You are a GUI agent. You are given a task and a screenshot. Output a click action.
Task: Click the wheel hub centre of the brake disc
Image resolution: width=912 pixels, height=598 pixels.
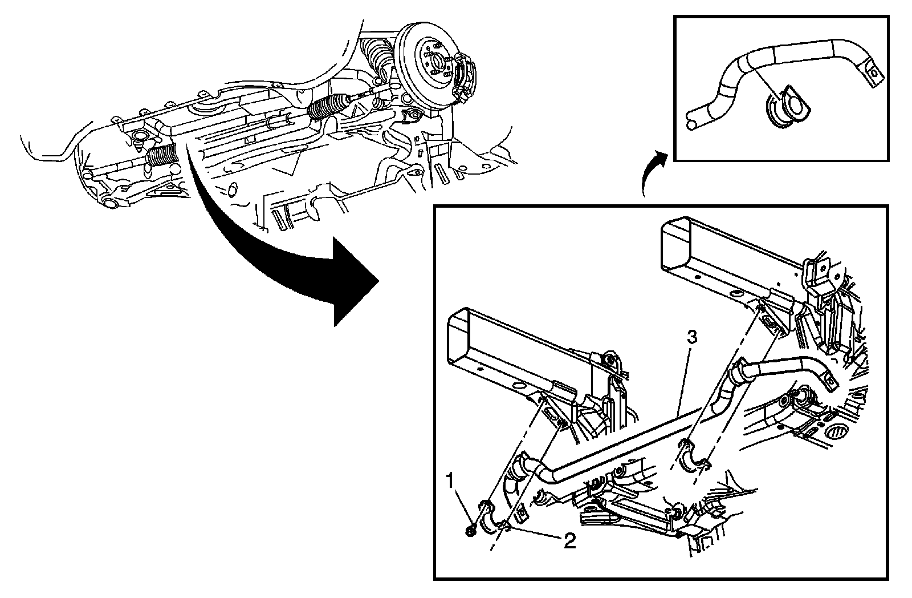point(434,59)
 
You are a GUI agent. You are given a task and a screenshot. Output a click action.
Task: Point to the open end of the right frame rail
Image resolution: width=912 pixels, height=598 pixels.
point(674,243)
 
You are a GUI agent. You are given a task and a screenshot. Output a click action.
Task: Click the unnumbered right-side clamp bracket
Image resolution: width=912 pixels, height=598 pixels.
point(693,456)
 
